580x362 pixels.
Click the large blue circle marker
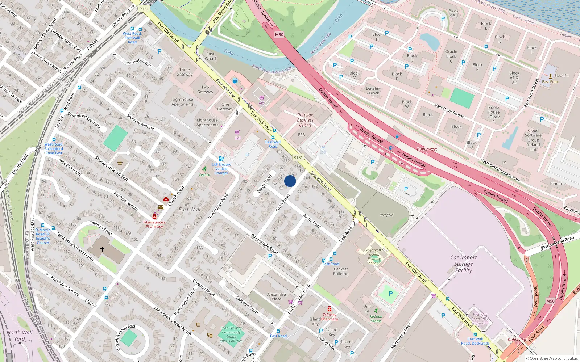point(290,181)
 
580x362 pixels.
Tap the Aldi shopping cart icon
point(262,98)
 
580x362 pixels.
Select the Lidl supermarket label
point(237,138)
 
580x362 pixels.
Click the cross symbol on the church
point(102,249)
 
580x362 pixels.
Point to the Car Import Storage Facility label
point(463,264)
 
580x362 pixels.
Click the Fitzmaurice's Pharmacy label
point(154,224)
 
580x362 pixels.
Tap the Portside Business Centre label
point(305,120)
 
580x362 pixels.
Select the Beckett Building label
point(341,271)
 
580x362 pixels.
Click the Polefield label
point(386,215)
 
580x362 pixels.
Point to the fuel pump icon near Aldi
point(235,81)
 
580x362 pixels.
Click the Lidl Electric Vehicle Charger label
point(221,169)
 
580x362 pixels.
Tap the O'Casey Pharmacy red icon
point(329,309)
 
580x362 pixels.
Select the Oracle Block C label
point(451,56)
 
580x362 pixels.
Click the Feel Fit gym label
point(204,175)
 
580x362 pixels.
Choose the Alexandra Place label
point(276,296)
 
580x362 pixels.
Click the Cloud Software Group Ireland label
point(533,140)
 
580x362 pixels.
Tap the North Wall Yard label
point(20,336)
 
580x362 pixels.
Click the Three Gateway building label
point(185,72)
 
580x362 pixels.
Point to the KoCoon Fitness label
point(376,319)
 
